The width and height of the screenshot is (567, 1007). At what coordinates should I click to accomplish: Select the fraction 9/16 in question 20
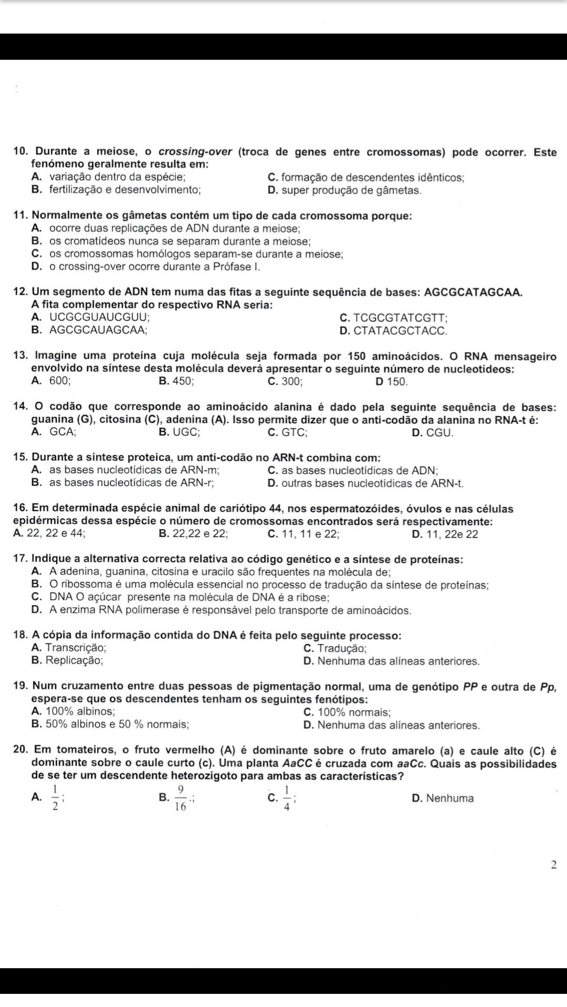pyautogui.click(x=181, y=798)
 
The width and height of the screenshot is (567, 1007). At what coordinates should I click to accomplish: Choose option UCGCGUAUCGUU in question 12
pyautogui.click(x=99, y=317)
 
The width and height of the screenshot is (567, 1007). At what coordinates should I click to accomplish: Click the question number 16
pyautogui.click(x=21, y=509)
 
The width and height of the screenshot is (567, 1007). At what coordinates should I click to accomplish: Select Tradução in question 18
pyautogui.click(x=341, y=649)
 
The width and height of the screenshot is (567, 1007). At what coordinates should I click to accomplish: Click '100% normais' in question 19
pyautogui.click(x=353, y=712)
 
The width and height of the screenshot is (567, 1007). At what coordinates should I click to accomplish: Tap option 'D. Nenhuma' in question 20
pyautogui.click(x=443, y=798)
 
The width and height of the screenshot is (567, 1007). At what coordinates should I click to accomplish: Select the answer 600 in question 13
pyautogui.click(x=59, y=382)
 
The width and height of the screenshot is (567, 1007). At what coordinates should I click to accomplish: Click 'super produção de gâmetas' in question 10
pyautogui.click(x=351, y=190)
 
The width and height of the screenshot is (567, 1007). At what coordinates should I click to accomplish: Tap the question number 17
pyautogui.click(x=21, y=560)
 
